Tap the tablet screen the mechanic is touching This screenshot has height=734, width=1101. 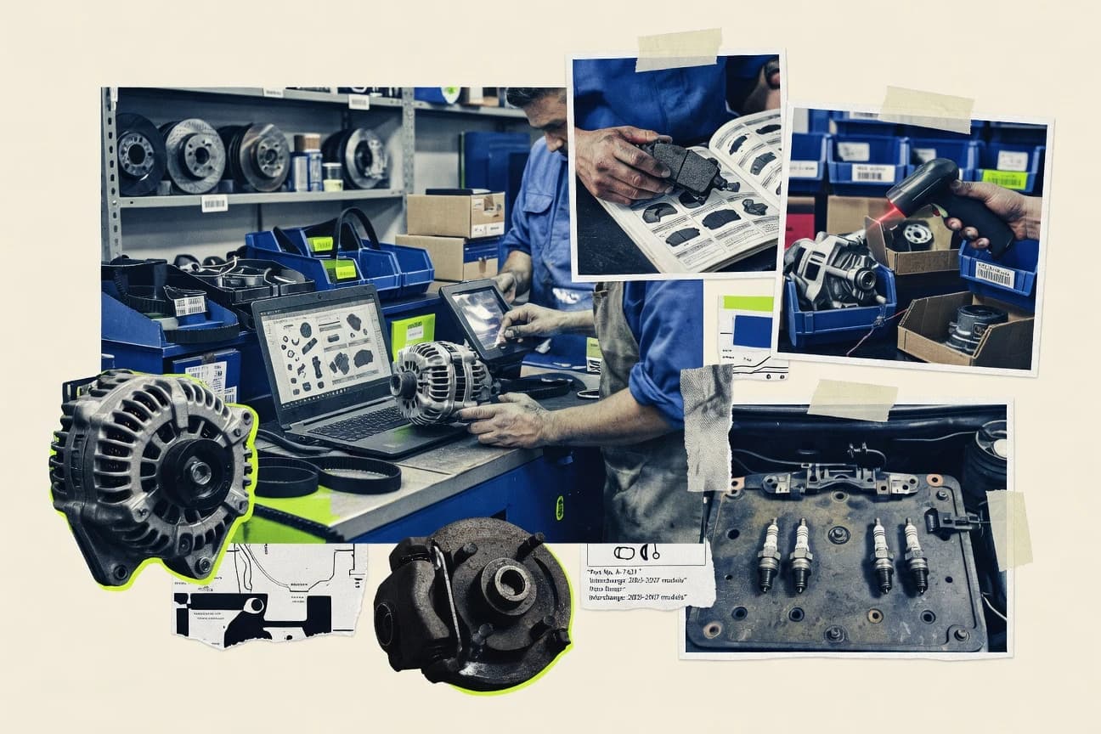coord(478,313)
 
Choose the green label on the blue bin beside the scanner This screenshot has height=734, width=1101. coord(1005,180)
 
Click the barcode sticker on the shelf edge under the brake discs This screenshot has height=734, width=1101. coord(214,203)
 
